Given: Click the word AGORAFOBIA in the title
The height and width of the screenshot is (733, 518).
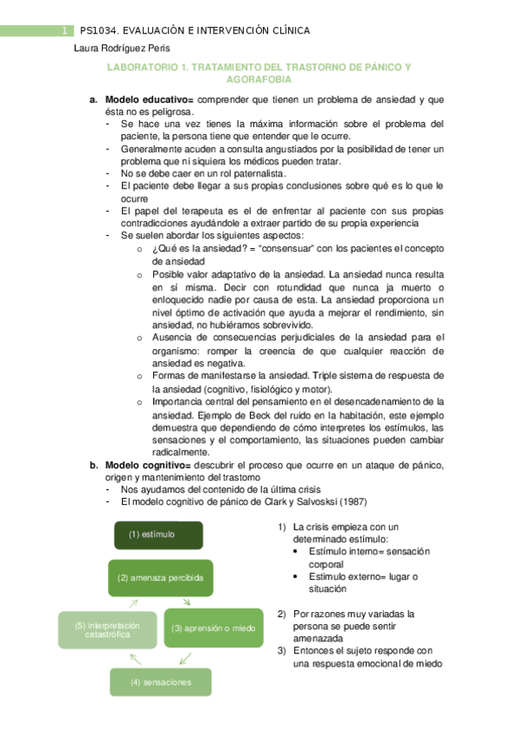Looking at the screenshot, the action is pos(258,80).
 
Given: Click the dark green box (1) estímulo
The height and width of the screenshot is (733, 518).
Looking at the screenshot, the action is pos(159,534).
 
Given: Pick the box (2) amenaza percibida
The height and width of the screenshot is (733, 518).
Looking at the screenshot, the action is pos(161,577).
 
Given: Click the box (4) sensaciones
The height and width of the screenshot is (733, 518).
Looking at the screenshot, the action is pos(160,682).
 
